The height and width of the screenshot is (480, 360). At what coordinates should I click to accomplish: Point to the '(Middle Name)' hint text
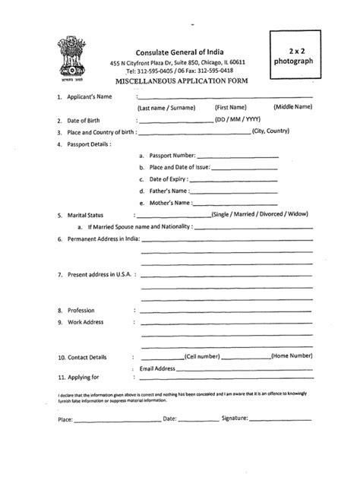[x=293, y=109]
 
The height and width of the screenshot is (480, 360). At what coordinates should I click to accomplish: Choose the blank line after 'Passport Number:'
[x=238, y=156]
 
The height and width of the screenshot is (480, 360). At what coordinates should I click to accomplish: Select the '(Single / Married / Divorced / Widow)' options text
[x=261, y=216]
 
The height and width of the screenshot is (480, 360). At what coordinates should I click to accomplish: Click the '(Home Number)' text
[x=292, y=356]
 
